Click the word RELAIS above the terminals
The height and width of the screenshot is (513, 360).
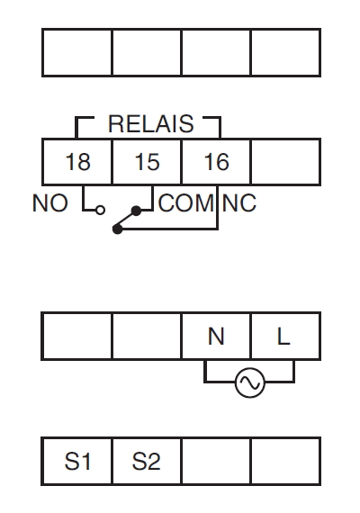coord(151,124)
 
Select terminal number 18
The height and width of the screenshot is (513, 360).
coord(78,162)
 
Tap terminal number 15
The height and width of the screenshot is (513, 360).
coord(148,162)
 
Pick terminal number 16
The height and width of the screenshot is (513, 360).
coord(217,162)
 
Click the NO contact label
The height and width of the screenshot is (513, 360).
coord(50,203)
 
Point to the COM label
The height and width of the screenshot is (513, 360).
coord(186,203)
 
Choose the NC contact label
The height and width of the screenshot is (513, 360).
coord(238,203)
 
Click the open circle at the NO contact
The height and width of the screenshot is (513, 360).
coord(101,210)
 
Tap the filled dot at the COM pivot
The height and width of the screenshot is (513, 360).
coord(136,211)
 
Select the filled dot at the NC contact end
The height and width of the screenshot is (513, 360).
coord(118,229)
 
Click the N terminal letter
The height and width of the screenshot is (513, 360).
coord(216,337)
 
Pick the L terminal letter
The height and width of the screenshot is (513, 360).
coord(283,337)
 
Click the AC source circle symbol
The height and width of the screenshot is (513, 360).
coord(249,382)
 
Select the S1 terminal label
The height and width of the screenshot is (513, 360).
coord(77,462)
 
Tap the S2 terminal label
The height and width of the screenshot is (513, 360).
coord(147,462)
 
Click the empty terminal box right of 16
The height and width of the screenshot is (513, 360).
coord(285,162)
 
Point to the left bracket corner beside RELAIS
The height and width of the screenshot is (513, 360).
coord(76,118)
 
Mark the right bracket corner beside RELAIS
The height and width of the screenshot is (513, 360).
coord(220,118)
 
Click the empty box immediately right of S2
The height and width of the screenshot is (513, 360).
coord(216,461)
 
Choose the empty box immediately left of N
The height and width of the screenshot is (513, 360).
coord(147,337)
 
